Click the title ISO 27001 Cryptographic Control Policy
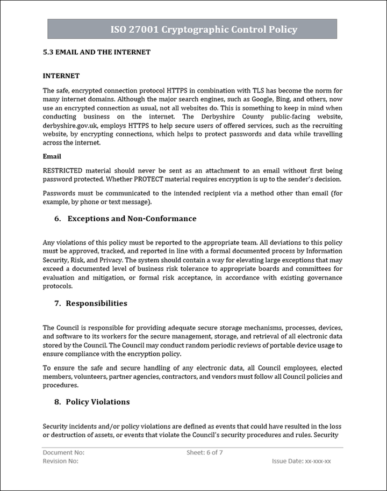[204, 30]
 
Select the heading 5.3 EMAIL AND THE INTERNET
[96, 52]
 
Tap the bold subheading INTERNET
[61, 76]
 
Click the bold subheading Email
[52, 156]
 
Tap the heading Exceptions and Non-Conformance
[132, 219]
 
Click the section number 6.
[57, 219]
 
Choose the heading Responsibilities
[97, 304]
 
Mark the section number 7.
[57, 304]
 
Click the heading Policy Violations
[98, 402]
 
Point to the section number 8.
[57, 402]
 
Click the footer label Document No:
[63, 452]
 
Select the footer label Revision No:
[61, 461]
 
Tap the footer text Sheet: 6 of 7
[205, 452]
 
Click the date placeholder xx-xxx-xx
[318, 461]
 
